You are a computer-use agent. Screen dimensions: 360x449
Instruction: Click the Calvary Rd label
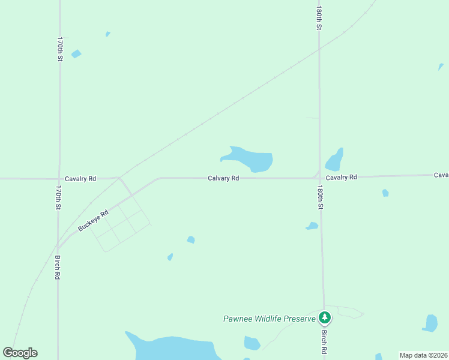click(x=223, y=178)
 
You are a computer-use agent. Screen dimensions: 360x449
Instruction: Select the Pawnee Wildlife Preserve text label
click(x=269, y=319)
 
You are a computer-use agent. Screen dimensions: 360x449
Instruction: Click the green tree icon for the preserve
click(x=324, y=317)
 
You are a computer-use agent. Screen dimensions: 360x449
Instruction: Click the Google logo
click(x=20, y=353)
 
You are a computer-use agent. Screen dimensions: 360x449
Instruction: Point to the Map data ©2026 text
click(x=423, y=355)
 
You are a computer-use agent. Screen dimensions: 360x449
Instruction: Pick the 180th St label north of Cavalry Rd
click(x=320, y=19)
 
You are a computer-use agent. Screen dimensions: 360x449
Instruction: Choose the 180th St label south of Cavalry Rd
click(x=321, y=197)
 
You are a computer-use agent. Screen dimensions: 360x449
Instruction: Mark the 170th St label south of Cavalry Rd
click(x=59, y=197)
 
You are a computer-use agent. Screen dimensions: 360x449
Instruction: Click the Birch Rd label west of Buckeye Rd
click(x=58, y=268)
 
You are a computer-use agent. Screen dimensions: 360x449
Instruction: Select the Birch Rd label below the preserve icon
click(x=324, y=341)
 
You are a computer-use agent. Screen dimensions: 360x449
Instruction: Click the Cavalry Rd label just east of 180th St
click(x=341, y=178)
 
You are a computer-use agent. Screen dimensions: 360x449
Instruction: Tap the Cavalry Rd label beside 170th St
click(x=80, y=179)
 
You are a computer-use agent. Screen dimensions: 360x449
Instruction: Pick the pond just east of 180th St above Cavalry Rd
click(x=334, y=161)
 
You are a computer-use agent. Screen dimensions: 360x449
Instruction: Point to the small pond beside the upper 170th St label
click(x=76, y=54)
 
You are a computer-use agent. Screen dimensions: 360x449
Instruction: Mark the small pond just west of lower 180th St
click(x=312, y=226)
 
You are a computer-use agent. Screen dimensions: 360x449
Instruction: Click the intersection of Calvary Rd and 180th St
click(x=319, y=177)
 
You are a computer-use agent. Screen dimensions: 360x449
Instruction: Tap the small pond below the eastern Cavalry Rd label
click(x=385, y=193)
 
